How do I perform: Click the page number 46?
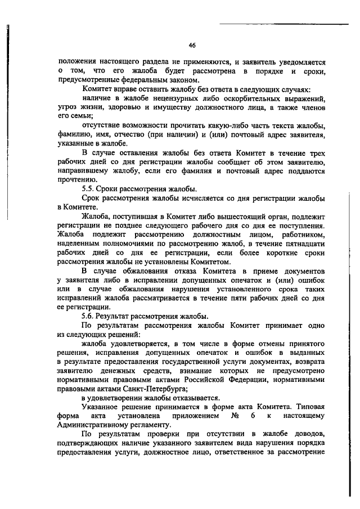click(192, 45)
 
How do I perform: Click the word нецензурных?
click(153, 98)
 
